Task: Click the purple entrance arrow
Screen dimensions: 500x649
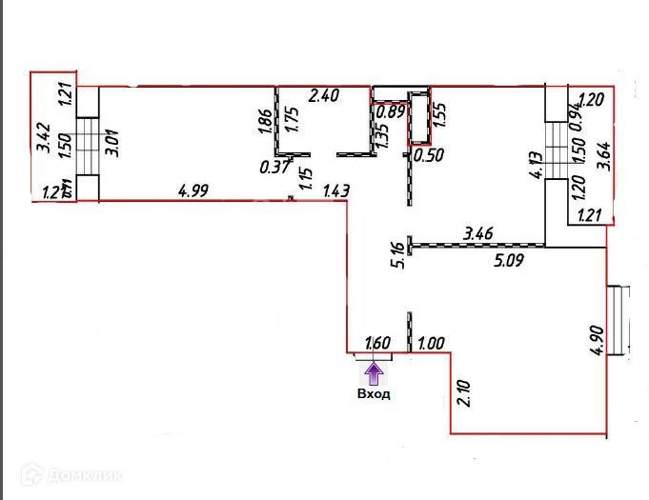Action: (x=374, y=370)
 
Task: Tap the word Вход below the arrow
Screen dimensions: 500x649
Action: (x=374, y=393)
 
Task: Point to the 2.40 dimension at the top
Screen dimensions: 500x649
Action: (x=325, y=95)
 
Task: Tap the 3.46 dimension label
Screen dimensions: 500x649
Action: (x=477, y=231)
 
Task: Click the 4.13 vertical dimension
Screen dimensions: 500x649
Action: (x=536, y=169)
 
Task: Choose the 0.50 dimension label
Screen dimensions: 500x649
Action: (x=430, y=154)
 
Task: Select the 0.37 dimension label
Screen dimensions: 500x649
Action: (x=274, y=168)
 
